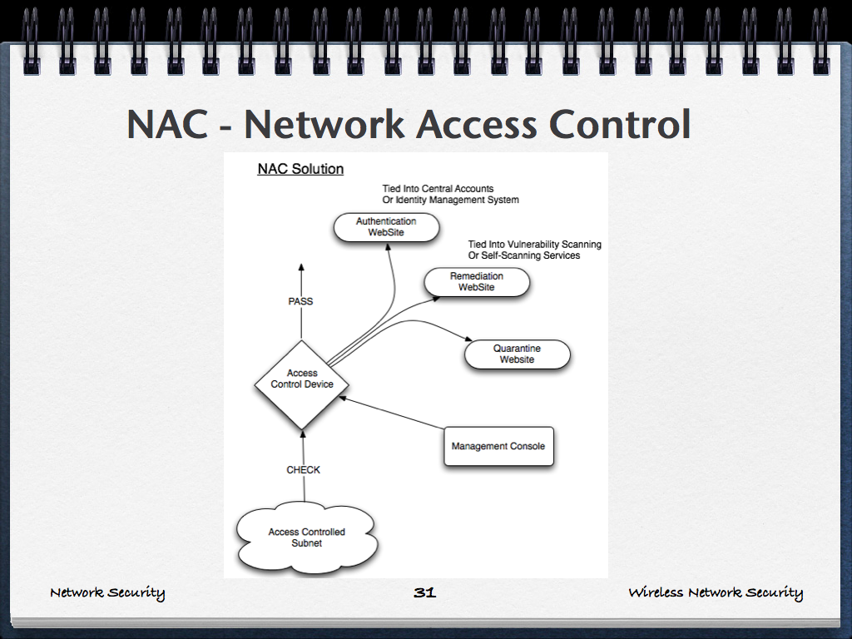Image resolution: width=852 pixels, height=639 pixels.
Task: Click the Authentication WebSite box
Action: [386, 227]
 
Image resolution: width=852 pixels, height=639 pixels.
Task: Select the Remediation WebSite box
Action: [477, 282]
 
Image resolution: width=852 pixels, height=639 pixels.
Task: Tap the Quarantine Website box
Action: [517, 354]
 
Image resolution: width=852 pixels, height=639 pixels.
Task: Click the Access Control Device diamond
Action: [301, 384]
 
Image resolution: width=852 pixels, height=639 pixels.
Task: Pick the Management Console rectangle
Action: [498, 446]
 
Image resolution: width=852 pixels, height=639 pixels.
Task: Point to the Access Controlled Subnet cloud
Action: [306, 537]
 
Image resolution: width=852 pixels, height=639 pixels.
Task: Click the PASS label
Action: [300, 301]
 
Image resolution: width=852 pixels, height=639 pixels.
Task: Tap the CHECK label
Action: [303, 470]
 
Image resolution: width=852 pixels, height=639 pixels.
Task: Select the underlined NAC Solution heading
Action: [300, 169]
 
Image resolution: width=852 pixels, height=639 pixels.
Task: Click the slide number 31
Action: [424, 592]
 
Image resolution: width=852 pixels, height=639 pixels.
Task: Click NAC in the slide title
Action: [170, 125]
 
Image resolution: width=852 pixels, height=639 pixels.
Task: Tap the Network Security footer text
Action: [107, 592]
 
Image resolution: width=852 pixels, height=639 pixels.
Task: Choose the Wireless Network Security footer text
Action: [716, 592]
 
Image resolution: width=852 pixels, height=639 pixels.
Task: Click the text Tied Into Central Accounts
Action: [438, 189]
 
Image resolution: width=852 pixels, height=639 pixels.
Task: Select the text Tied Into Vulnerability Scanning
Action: [534, 245]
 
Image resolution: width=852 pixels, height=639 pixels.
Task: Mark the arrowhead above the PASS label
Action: [301, 266]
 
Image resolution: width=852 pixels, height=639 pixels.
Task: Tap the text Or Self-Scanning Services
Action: [523, 255]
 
